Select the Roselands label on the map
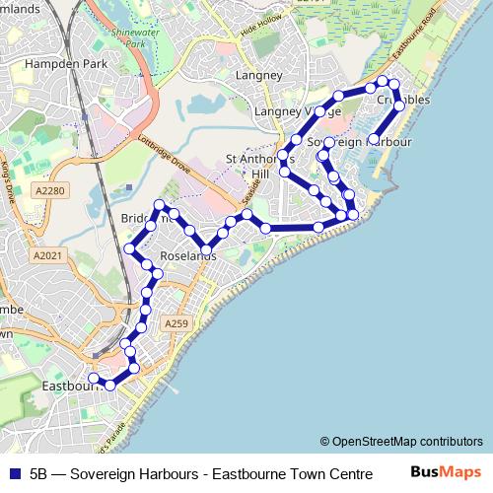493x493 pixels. click(187, 255)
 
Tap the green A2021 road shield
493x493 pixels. click(46, 255)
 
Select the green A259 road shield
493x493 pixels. click(176, 323)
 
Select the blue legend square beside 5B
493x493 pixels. click(13, 471)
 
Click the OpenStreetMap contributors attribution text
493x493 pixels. click(400, 442)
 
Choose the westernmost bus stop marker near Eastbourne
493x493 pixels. click(93, 379)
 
